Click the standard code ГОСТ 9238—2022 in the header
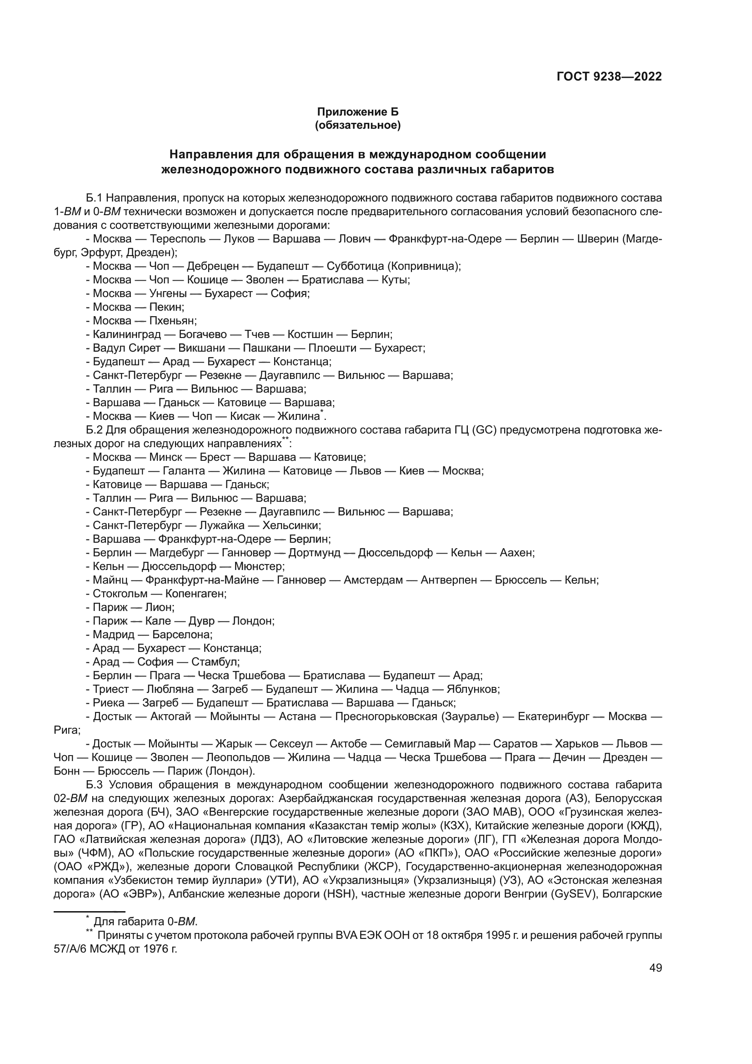pos(609,76)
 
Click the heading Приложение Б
pos(357,112)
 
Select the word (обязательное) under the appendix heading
pos(357,125)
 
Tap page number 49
pos(656,968)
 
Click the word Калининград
pos(126,334)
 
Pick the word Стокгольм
pos(120,594)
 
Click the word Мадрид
pos(114,635)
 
